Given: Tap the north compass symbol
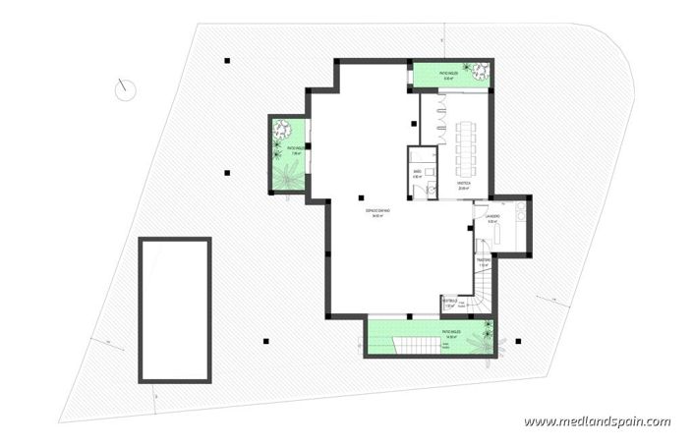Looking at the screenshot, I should (x=125, y=89).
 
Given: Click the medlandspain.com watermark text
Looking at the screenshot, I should (x=597, y=421).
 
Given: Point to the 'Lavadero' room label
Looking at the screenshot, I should (x=493, y=218).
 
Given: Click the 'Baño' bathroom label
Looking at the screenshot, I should (x=417, y=173).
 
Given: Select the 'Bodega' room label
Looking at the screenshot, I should (x=463, y=184).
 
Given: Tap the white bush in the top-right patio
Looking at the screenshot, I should (x=479, y=70).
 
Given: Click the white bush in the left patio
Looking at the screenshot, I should (x=282, y=129).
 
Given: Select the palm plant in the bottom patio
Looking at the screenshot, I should (x=484, y=341).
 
